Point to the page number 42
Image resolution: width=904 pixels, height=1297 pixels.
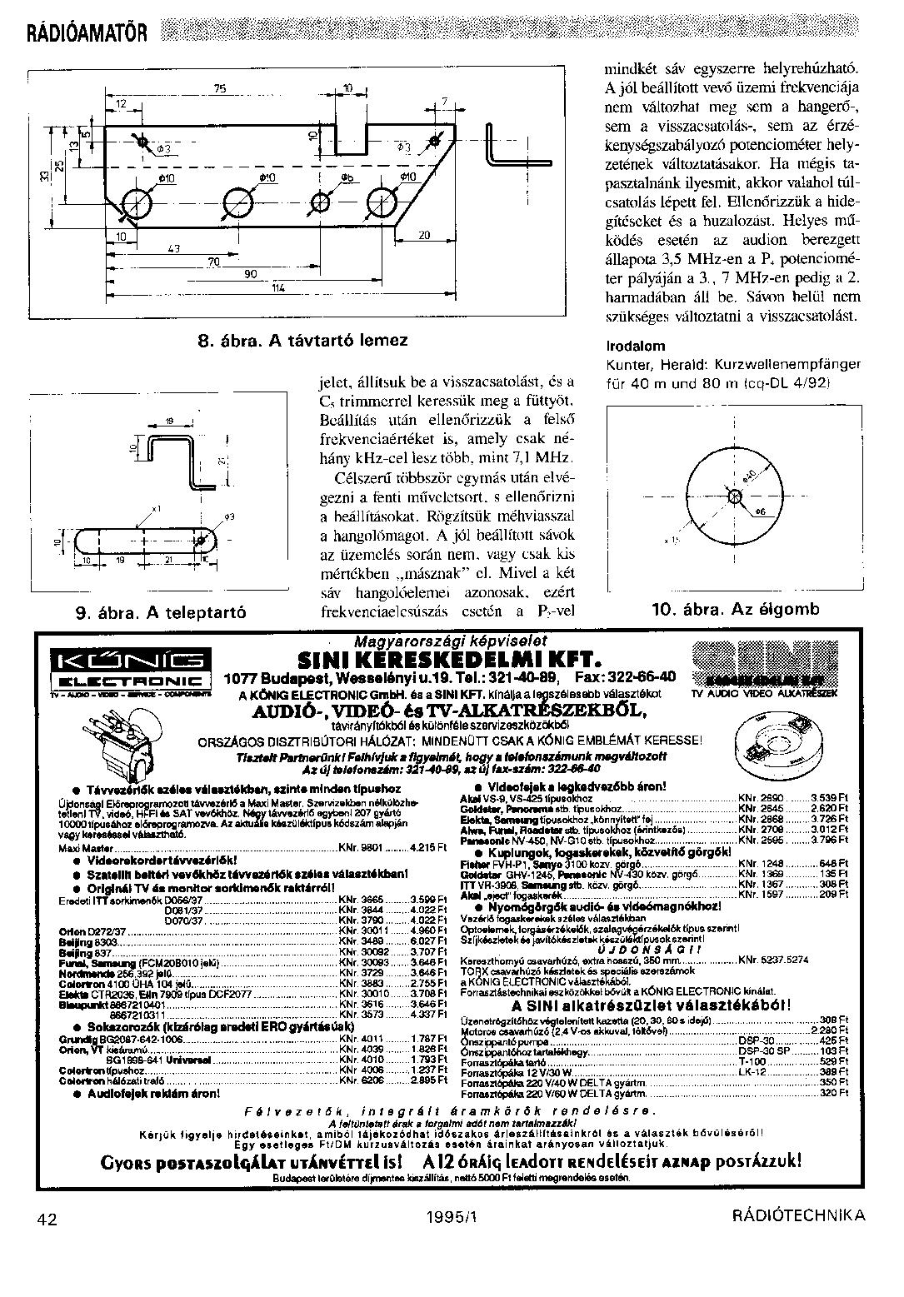[x=47, y=1219]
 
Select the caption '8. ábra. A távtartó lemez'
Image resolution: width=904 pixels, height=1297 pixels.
[x=302, y=340]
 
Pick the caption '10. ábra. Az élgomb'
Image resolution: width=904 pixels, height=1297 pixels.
[x=735, y=609]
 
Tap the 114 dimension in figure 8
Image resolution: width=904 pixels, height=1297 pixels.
[x=278, y=287]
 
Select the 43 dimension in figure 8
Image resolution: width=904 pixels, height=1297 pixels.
[x=174, y=248]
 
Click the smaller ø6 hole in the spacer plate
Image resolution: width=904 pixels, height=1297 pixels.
[x=321, y=202]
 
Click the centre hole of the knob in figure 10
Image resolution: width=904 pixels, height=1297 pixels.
[x=734, y=496]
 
